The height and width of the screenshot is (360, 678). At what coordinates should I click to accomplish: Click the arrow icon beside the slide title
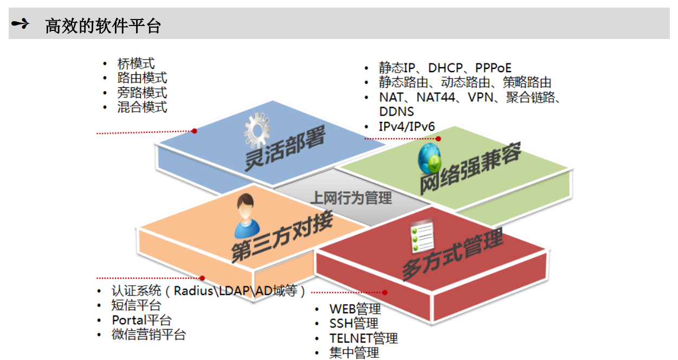tap(20, 24)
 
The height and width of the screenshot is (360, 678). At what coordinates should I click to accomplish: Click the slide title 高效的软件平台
tap(103, 26)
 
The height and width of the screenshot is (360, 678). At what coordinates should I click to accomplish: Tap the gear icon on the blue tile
tap(257, 131)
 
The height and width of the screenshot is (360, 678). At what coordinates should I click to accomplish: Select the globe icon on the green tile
tap(429, 159)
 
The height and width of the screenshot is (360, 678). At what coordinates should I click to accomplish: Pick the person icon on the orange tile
tap(247, 216)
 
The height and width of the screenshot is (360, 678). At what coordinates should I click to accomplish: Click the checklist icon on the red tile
tap(422, 235)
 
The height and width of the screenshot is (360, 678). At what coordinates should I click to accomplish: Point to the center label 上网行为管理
tap(351, 198)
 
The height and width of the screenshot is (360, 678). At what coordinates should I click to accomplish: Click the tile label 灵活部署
tap(285, 148)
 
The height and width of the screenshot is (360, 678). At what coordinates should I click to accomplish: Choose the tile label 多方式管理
tap(453, 254)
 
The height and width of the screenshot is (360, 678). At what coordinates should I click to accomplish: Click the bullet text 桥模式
tap(136, 63)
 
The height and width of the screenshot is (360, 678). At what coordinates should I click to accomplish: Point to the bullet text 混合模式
tap(142, 107)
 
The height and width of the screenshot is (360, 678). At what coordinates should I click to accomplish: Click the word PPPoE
tap(493, 68)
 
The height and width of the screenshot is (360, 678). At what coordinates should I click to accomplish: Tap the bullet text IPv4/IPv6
tap(406, 126)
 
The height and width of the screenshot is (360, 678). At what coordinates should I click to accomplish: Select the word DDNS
tap(397, 112)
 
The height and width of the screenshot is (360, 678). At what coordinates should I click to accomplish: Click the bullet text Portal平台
tap(141, 320)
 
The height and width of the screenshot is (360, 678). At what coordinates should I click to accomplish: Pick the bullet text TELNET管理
tap(364, 338)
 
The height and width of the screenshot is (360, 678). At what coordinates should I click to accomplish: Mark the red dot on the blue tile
tap(195, 131)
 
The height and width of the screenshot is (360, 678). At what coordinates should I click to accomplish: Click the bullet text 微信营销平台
tap(148, 335)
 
